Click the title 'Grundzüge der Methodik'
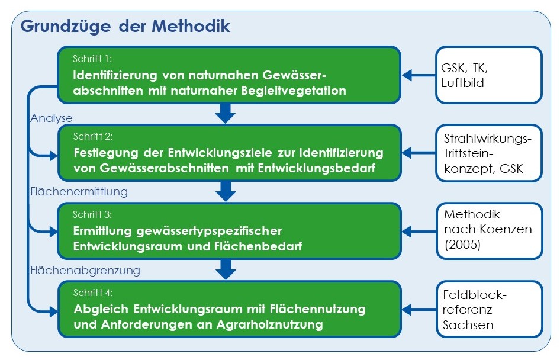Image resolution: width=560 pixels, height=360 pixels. (x=125, y=27)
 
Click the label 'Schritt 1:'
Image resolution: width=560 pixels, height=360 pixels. (x=92, y=59)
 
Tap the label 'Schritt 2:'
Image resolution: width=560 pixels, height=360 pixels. (x=93, y=136)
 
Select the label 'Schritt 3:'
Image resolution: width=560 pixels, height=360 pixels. (x=92, y=214)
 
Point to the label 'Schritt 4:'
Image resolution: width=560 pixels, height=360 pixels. (x=93, y=293)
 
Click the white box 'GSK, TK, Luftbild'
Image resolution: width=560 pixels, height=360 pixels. (x=489, y=75)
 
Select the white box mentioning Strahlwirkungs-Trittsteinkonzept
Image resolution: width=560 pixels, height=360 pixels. (x=489, y=153)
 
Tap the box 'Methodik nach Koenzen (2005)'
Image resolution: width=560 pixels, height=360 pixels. (x=490, y=231)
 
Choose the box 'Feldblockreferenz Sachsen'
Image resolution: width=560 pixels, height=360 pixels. (x=490, y=309)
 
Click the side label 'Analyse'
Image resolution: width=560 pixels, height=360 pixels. (x=52, y=118)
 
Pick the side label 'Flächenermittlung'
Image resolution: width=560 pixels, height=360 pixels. (x=79, y=192)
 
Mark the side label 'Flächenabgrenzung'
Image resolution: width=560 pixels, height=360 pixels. (x=85, y=271)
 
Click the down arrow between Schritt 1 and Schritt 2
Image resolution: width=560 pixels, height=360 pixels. (x=226, y=113)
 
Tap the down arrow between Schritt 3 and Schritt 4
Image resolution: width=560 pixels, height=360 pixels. (x=226, y=269)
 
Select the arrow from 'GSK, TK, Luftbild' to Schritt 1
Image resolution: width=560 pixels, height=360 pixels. (x=419, y=75)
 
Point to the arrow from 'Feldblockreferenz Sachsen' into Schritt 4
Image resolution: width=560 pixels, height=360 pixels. (x=419, y=310)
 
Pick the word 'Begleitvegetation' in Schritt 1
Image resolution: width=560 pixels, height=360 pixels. (x=294, y=91)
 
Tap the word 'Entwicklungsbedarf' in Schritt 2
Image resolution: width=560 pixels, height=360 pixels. (x=317, y=168)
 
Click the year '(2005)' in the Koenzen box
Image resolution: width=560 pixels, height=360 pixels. (x=462, y=245)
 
